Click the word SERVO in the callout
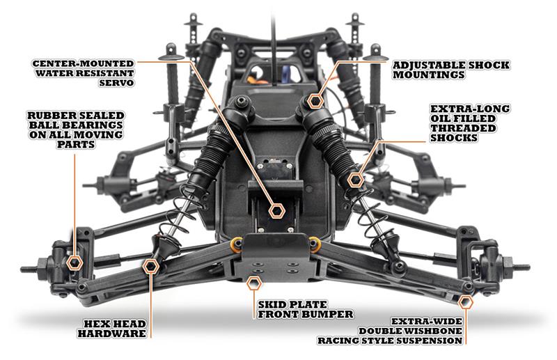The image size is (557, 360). click(x=116, y=83)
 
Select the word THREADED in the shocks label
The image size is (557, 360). click(x=463, y=128)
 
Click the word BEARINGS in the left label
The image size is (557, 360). click(x=76, y=125)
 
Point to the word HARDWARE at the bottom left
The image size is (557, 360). click(x=112, y=334)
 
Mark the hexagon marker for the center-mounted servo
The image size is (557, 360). click(x=276, y=211)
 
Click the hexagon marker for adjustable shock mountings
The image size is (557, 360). click(x=315, y=101)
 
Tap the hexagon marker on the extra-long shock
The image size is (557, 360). click(x=356, y=180)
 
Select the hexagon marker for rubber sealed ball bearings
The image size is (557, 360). click(x=74, y=263)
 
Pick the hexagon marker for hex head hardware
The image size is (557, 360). click(x=151, y=266)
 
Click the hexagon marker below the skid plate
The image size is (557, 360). click(x=254, y=283)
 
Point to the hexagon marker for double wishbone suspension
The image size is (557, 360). click(x=465, y=302)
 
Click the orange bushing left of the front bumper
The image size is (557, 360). click(x=236, y=243)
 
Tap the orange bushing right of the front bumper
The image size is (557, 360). click(x=315, y=244)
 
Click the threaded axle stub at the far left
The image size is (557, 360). click(x=30, y=269)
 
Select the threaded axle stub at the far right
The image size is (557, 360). click(x=521, y=267)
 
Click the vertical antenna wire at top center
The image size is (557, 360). click(x=274, y=42)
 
